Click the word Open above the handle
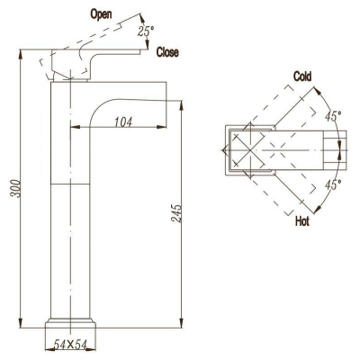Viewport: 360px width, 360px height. (x=101, y=14)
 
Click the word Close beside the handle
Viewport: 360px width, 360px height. (x=167, y=52)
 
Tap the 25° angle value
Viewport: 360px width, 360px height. (x=146, y=31)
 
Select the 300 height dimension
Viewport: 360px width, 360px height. (x=15, y=188)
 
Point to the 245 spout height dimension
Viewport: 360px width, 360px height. (x=176, y=213)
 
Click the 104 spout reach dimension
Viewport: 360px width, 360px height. (x=123, y=122)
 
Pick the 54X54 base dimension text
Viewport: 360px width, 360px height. (x=70, y=345)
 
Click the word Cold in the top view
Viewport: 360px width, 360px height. (x=302, y=76)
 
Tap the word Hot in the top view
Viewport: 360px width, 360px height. (x=302, y=221)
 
